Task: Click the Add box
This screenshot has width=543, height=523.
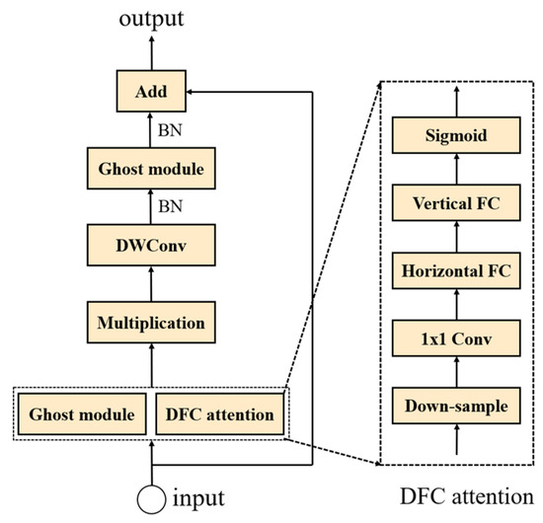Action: pyautogui.click(x=151, y=91)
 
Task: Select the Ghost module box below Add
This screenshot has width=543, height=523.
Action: pyautogui.click(x=151, y=169)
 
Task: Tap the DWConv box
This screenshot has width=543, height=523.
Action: pyautogui.click(x=151, y=245)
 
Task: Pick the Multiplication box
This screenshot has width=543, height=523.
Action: pyautogui.click(x=151, y=323)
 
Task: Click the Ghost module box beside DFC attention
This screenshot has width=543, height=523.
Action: pyautogui.click(x=82, y=414)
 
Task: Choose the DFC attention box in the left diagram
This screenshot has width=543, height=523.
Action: pyautogui.click(x=220, y=414)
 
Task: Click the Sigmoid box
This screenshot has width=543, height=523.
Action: pyautogui.click(x=456, y=135)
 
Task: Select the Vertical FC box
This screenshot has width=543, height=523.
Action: pyautogui.click(x=456, y=202)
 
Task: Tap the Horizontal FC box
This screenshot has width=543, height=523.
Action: pyautogui.click(x=456, y=270)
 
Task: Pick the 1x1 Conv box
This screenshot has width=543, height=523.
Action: pyautogui.click(x=456, y=338)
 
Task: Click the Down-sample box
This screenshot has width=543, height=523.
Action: pyautogui.click(x=456, y=406)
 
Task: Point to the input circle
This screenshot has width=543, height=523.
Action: pyautogui.click(x=151, y=499)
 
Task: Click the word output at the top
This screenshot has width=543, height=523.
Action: pyautogui.click(x=151, y=19)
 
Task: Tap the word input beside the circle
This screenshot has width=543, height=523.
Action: pyautogui.click(x=198, y=498)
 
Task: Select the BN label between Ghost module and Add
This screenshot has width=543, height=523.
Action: pyautogui.click(x=170, y=130)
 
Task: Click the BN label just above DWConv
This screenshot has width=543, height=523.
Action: pyautogui.click(x=170, y=206)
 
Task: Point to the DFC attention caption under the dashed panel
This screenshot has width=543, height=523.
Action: pyautogui.click(x=467, y=496)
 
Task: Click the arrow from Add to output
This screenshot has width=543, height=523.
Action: pyautogui.click(x=152, y=52)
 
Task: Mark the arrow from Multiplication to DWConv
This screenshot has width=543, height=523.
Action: pyautogui.click(x=151, y=284)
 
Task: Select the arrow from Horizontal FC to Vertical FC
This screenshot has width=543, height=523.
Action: pyautogui.click(x=456, y=237)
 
